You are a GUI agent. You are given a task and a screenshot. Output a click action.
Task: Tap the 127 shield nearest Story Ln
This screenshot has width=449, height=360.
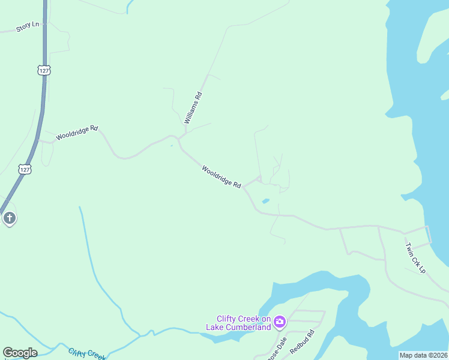click(43, 70)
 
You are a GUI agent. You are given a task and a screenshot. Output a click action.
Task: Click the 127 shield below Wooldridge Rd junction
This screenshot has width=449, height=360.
click(24, 170)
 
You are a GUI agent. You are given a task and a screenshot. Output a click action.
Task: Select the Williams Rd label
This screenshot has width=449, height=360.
click(193, 108)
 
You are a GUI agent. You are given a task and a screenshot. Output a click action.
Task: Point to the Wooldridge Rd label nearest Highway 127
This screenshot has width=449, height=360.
click(76, 133)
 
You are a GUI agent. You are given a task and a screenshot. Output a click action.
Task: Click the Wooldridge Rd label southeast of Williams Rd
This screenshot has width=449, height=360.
click(221, 176)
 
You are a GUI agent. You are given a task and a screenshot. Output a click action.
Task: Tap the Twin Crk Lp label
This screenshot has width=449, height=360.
click(414, 258)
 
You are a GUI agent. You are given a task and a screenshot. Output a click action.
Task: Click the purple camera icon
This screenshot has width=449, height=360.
click(279, 323)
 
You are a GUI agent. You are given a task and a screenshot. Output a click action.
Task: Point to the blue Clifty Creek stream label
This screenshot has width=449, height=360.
click(88, 353)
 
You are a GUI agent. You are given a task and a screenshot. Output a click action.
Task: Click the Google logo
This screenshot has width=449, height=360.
click(20, 353)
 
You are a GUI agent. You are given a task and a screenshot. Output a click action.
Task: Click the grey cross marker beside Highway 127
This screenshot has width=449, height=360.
click(10, 218)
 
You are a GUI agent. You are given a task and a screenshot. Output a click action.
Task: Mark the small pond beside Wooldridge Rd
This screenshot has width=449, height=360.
click(265, 201)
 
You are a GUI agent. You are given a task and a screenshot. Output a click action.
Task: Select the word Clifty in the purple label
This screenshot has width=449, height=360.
click(227, 319)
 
